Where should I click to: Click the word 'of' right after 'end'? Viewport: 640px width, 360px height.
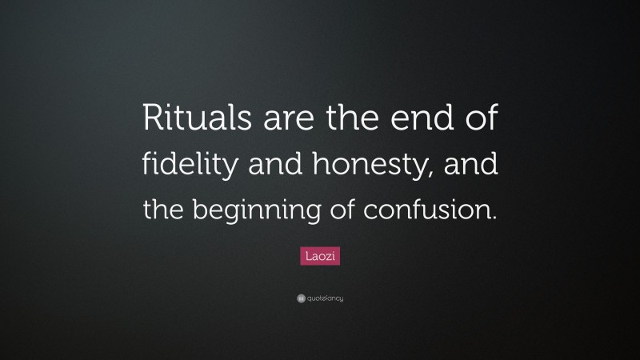(x=480, y=122)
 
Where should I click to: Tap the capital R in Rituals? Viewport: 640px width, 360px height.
(x=152, y=122)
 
